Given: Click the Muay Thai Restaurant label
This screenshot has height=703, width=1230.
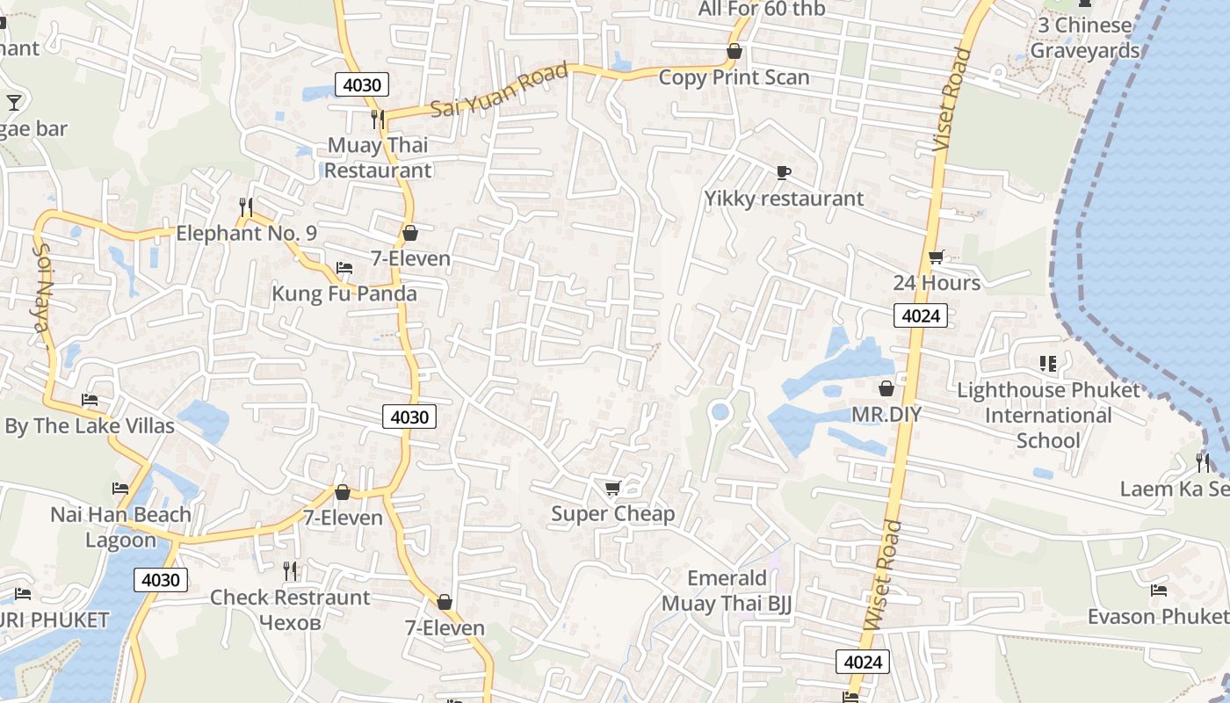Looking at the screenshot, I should (x=379, y=157).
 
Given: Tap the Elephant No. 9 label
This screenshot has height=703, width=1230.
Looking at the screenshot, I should (x=246, y=233).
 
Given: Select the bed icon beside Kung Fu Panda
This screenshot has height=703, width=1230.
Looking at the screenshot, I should (x=344, y=268).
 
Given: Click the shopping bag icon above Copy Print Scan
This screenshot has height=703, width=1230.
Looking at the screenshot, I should (x=734, y=52).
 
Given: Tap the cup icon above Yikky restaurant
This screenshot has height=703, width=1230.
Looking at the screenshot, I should (x=784, y=172).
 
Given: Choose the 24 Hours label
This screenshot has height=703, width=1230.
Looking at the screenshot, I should (x=937, y=282).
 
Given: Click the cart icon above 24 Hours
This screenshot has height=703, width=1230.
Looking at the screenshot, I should (x=937, y=257).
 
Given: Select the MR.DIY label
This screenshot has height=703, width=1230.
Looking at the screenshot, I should (x=886, y=413).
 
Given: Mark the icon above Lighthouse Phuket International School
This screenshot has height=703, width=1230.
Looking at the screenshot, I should (x=1047, y=363).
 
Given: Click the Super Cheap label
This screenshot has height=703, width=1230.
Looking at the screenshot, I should (x=612, y=514).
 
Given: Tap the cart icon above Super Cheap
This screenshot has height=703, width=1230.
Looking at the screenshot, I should (x=612, y=488).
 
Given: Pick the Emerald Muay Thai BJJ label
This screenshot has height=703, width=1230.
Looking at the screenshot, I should (x=727, y=591).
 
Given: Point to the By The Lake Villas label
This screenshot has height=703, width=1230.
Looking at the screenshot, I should (x=90, y=426).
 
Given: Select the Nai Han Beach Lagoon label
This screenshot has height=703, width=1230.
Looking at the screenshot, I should (x=120, y=527).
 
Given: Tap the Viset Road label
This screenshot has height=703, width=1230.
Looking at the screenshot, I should (x=952, y=98).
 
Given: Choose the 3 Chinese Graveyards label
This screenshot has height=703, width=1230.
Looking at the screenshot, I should (x=1084, y=38).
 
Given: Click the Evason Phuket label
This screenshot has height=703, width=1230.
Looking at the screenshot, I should (x=1158, y=616).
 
